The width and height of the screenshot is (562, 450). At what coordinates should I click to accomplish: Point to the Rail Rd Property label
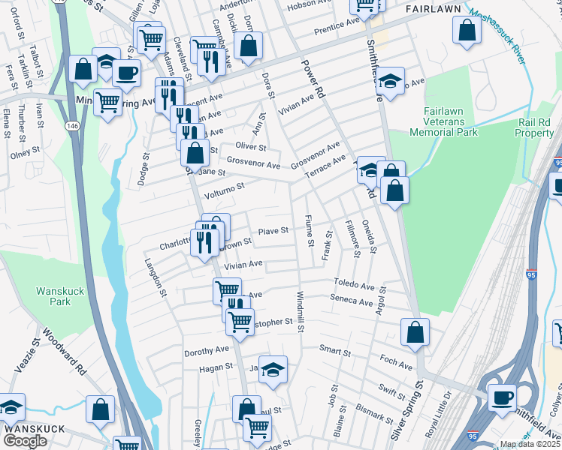tap(535, 127)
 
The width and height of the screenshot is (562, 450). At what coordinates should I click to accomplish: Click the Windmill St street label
tap(299, 313)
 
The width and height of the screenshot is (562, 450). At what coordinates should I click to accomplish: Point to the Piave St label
tap(273, 231)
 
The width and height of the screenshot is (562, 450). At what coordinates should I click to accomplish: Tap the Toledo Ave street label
tap(354, 286)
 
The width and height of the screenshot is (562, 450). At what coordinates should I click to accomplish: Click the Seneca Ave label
tap(352, 302)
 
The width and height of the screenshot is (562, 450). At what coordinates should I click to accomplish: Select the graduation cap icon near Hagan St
tap(273, 368)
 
